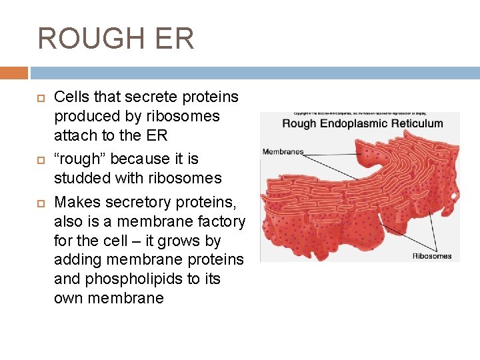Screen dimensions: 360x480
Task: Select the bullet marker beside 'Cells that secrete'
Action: click(x=39, y=97)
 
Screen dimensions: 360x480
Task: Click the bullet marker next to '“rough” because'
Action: click(x=39, y=159)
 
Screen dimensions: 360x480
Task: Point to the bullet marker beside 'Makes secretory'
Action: click(x=39, y=202)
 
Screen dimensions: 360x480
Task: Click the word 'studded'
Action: click(x=81, y=178)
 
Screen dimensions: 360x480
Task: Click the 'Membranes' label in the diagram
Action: click(x=283, y=151)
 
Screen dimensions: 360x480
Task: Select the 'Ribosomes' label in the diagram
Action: click(x=431, y=255)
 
